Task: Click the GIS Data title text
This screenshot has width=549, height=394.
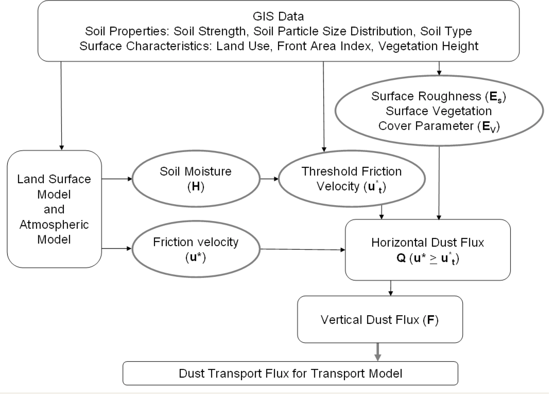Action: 278,16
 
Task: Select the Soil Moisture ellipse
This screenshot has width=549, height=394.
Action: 196,178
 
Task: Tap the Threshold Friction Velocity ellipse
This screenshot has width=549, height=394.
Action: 351,178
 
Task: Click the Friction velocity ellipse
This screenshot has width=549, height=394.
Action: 196,249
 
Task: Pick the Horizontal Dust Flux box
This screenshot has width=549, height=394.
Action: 428,250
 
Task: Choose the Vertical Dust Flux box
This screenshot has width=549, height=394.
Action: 379,319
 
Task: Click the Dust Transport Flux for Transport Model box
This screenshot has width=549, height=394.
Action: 290,373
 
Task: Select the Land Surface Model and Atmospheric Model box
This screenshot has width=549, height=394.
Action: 54,209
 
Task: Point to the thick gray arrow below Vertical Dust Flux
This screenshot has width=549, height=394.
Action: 377,351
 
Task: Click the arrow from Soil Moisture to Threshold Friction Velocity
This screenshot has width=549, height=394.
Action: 269,179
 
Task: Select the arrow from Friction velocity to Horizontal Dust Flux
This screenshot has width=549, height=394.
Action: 302,249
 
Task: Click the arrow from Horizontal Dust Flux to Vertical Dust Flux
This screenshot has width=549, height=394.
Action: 390,288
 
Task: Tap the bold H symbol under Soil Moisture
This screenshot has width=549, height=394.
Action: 196,186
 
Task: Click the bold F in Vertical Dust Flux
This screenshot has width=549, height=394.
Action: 430,320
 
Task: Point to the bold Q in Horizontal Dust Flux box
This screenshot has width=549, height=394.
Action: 401,258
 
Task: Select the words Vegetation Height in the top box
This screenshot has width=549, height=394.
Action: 428,46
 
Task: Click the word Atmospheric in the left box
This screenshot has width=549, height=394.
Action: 54,225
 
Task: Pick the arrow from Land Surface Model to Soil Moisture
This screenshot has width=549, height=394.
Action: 117,179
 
